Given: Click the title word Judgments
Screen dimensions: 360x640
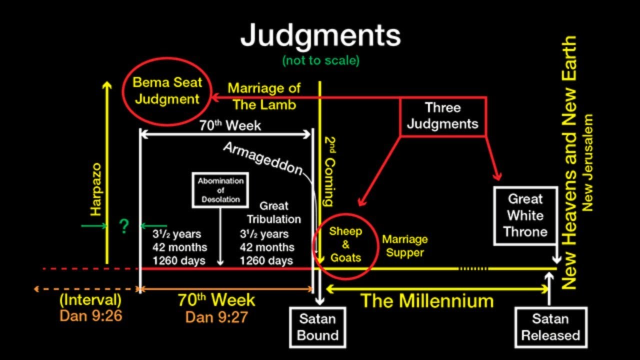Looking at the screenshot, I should pyautogui.click(x=320, y=35).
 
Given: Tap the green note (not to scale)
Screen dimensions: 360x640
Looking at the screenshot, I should pyautogui.click(x=320, y=60).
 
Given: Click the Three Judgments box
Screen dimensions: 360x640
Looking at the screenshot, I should pyautogui.click(x=442, y=115).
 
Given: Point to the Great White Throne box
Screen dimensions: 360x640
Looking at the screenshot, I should pyautogui.click(x=525, y=215).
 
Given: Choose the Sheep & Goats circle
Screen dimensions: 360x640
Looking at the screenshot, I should pyautogui.click(x=345, y=244).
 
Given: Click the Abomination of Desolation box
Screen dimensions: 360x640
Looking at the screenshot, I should pyautogui.click(x=220, y=190).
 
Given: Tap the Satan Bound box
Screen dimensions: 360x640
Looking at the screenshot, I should pyautogui.click(x=317, y=327).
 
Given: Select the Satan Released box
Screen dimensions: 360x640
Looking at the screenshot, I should pyautogui.click(x=550, y=327).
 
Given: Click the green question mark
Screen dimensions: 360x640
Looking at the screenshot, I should pyautogui.click(x=123, y=227).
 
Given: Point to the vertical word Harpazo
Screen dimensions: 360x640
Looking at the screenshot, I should pyautogui.click(x=96, y=189).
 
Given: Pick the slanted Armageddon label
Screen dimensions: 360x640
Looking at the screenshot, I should pyautogui.click(x=263, y=159).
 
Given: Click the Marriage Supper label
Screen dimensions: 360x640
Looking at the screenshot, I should pyautogui.click(x=405, y=246).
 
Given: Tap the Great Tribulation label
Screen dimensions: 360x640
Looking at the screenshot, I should pyautogui.click(x=274, y=212).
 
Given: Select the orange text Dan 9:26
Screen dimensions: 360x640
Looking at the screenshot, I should pyautogui.click(x=90, y=316).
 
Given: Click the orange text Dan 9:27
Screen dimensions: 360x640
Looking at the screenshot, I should pyautogui.click(x=216, y=316).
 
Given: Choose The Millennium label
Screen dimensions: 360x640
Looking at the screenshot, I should pyautogui.click(x=427, y=301).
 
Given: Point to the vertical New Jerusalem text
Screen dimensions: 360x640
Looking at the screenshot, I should pyautogui.click(x=588, y=163).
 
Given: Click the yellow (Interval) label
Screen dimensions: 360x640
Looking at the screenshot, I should pyautogui.click(x=90, y=300).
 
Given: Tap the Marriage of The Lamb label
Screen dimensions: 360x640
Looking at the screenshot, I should pyautogui.click(x=264, y=96).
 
